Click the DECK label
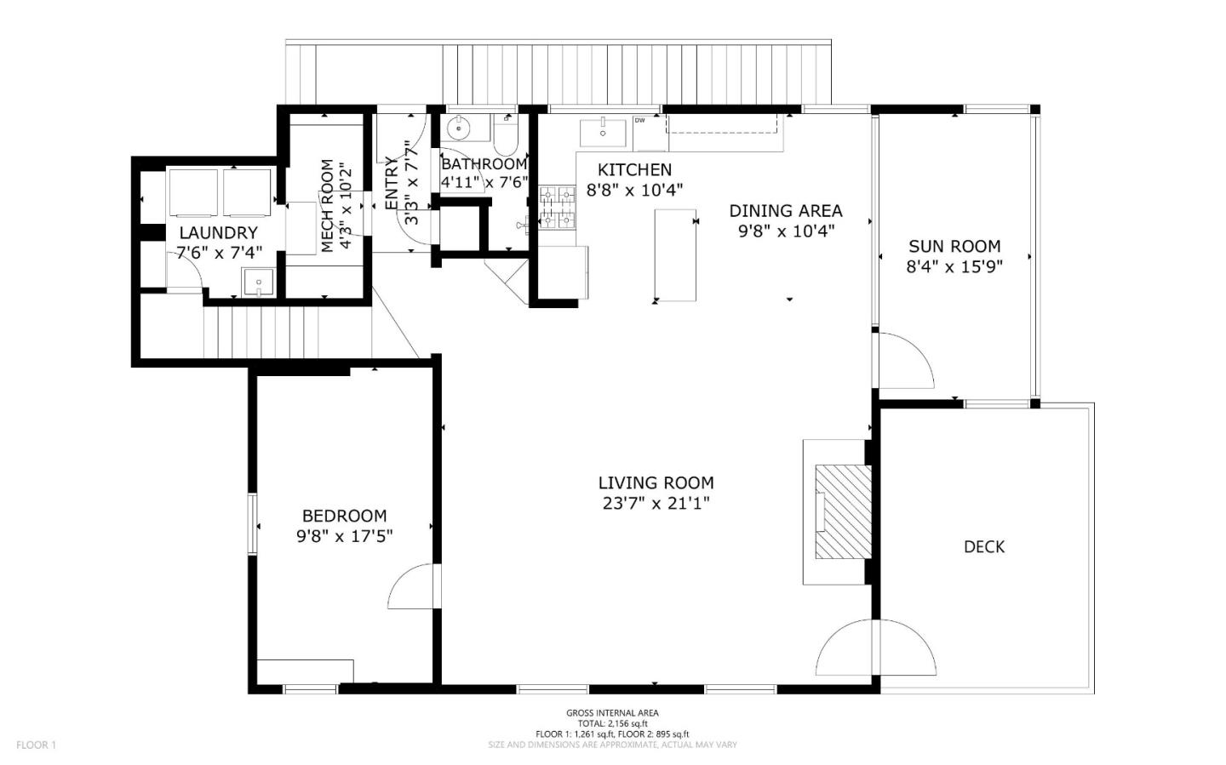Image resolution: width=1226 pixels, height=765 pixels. point(984,546)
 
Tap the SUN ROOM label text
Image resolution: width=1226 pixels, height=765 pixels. point(954,246)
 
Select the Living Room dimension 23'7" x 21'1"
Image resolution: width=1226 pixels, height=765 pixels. point(656,503)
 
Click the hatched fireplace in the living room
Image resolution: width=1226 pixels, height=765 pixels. point(844,511)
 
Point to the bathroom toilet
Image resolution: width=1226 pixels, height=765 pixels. point(507,135)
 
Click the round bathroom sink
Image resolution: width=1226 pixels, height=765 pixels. point(460,128)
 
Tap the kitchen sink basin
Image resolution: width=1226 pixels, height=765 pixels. point(603,133)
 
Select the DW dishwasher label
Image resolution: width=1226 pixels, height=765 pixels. point(640,120)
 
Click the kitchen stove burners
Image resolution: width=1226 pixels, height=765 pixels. point(558,208)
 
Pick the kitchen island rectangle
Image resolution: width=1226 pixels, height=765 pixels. point(675,255)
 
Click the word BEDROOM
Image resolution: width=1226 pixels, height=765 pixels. point(344,516)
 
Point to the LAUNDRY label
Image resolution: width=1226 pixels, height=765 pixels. point(218,233)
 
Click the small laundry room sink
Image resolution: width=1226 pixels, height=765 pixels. point(258,282)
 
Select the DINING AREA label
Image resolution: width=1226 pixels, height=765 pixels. point(786,211)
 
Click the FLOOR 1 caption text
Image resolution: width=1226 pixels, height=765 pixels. point(36,745)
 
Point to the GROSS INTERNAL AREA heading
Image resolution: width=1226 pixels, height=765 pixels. point(612,713)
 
